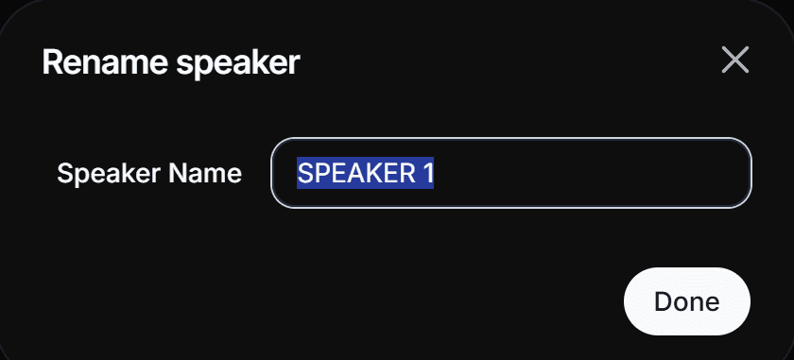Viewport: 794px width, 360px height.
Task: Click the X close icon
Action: point(734,60)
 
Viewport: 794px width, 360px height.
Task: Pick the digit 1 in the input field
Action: point(427,174)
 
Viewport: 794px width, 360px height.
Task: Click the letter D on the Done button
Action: point(662,302)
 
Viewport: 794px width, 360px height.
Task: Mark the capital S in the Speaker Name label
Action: point(64,174)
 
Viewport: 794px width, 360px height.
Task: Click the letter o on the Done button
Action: point(681,302)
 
